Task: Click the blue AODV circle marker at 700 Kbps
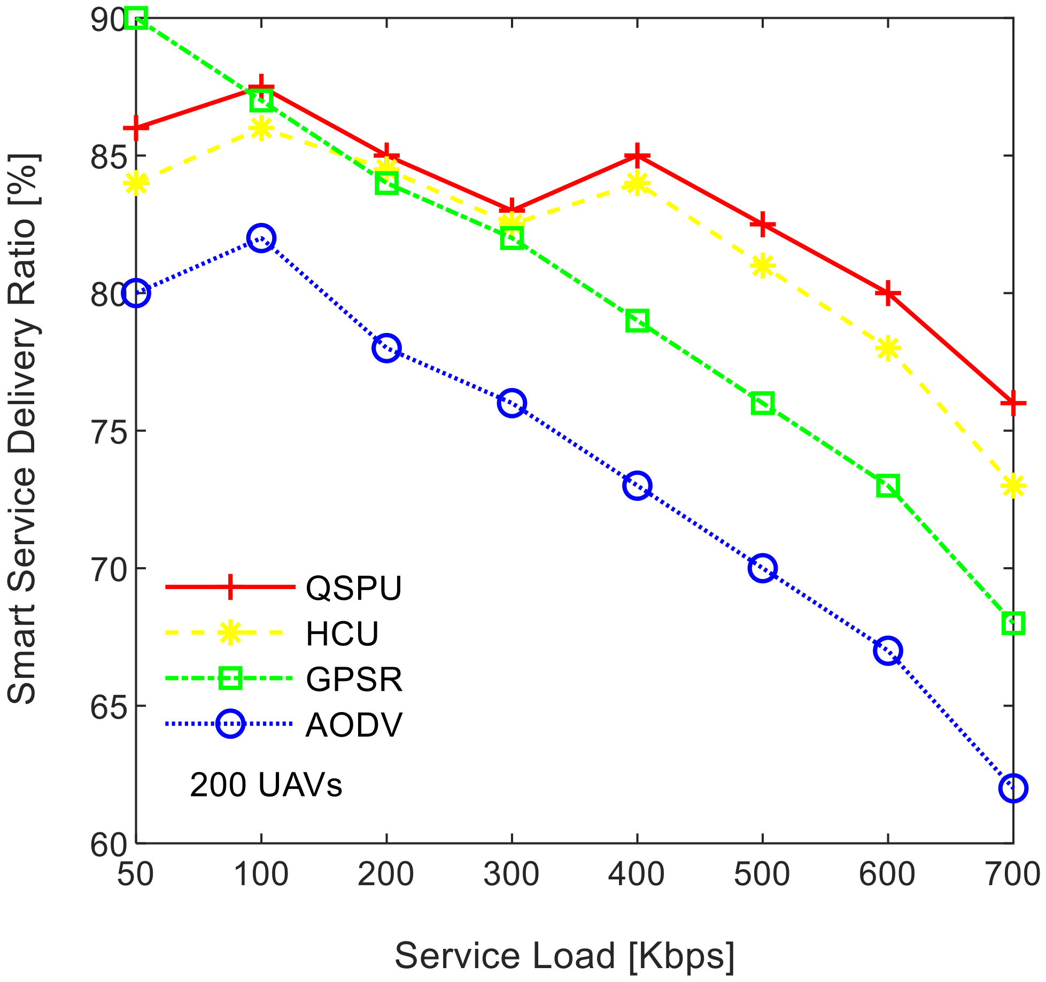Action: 1012,788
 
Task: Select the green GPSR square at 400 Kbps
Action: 637,321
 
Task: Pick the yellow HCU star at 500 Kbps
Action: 762,266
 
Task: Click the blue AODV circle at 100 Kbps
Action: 261,238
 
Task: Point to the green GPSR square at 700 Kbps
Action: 1012,623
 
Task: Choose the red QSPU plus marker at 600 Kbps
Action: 887,293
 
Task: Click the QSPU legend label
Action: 353,588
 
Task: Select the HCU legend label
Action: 342,634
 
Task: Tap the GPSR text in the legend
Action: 354,679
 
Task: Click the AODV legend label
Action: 353,725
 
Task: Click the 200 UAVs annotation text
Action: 266,785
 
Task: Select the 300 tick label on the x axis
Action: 511,875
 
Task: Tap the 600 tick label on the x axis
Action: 887,875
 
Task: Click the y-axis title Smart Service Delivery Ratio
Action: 22,428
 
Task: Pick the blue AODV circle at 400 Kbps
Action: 637,485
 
